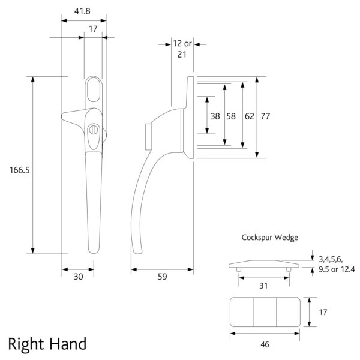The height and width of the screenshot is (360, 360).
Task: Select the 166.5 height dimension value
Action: (19, 170)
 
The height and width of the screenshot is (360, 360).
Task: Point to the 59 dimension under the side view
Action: (162, 277)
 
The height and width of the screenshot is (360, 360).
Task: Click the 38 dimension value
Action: (215, 116)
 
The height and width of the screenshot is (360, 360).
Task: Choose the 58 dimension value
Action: (232, 116)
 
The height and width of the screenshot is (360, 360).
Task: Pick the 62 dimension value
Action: (250, 116)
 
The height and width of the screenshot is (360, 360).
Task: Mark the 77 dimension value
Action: (266, 116)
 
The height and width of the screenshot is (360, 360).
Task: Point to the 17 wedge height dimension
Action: (323, 312)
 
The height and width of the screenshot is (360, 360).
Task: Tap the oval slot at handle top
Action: (94, 90)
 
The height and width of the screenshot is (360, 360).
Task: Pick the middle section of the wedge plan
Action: (264, 312)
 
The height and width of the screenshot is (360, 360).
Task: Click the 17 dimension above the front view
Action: (93, 28)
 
